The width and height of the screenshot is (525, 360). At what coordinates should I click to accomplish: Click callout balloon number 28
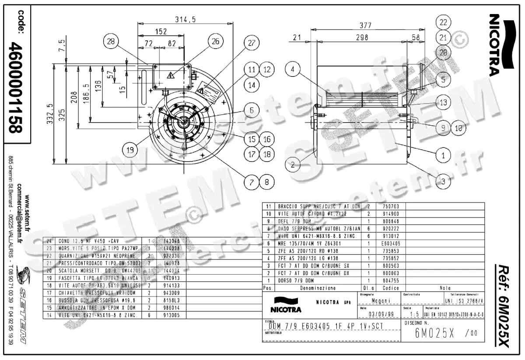[x=111, y=42]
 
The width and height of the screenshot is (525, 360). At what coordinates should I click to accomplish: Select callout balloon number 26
[x=215, y=42]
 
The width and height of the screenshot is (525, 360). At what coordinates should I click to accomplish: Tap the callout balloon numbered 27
[x=251, y=43]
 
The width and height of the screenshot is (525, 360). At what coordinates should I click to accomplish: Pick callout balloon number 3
[x=443, y=180]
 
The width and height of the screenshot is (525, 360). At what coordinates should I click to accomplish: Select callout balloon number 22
[x=444, y=22]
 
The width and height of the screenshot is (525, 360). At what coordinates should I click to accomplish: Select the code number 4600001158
[x=18, y=87]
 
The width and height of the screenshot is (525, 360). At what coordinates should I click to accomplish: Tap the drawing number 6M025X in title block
[x=436, y=333]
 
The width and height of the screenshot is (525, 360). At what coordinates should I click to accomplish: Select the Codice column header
[x=391, y=288]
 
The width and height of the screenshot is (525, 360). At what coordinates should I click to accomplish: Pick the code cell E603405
[x=391, y=243]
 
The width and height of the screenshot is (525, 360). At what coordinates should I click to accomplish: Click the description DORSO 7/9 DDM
[x=296, y=280]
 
